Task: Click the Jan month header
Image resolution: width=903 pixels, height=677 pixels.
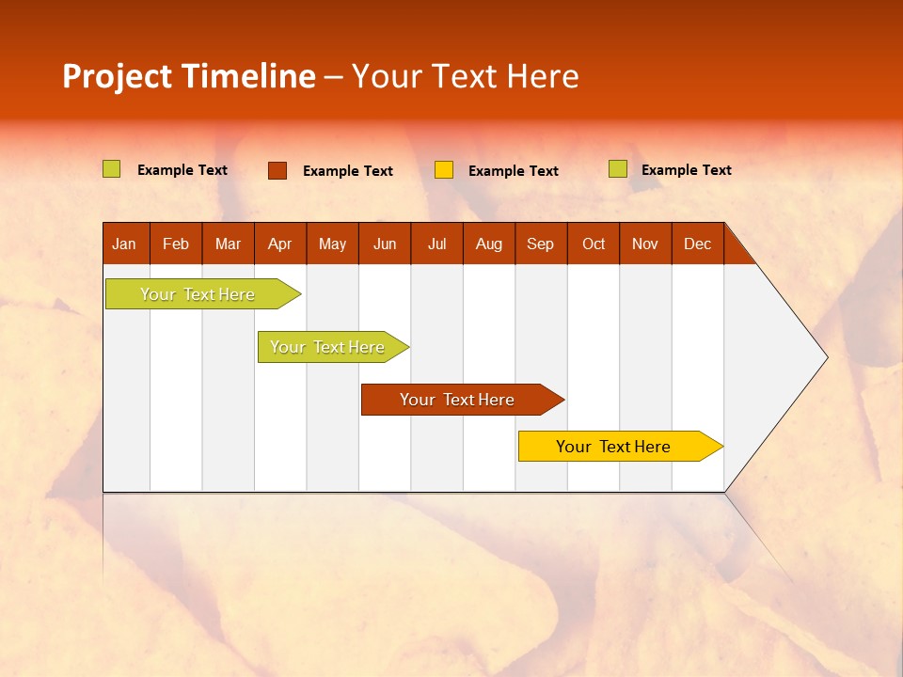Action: click(x=124, y=244)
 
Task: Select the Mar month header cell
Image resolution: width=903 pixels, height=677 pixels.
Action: click(x=228, y=244)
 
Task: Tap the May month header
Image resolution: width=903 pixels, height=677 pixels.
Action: click(x=332, y=244)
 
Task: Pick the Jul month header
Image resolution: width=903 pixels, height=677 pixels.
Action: click(x=436, y=244)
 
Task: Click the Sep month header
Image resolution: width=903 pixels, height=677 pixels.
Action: click(x=540, y=244)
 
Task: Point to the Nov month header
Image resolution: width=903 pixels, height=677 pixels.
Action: click(x=645, y=244)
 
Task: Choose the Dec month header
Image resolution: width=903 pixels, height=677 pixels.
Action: click(x=697, y=244)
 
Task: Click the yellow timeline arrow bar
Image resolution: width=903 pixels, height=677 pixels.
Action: click(x=616, y=447)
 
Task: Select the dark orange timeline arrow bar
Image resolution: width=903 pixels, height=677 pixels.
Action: click(x=459, y=400)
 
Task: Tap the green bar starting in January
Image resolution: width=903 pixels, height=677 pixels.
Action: click(x=199, y=294)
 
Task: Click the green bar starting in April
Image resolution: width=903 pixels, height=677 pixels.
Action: click(x=329, y=347)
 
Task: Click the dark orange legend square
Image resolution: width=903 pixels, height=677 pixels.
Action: click(x=277, y=170)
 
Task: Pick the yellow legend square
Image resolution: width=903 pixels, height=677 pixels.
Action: click(x=444, y=170)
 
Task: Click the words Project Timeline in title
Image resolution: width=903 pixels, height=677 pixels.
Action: click(x=189, y=76)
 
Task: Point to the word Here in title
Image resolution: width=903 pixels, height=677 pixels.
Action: click(x=543, y=76)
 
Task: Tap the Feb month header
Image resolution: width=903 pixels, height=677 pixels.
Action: click(x=176, y=244)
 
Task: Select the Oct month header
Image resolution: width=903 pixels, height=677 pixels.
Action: click(x=594, y=244)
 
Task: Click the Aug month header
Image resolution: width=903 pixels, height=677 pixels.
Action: click(x=489, y=244)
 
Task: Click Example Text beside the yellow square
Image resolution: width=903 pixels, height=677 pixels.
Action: click(x=514, y=171)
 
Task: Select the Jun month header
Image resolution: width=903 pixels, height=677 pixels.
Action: click(x=385, y=244)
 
